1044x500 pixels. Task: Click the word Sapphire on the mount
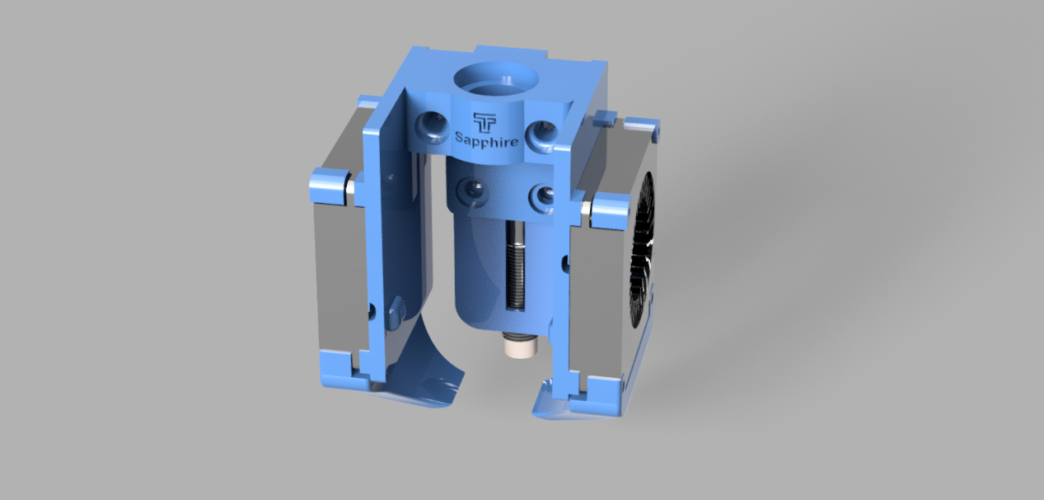pyautogui.click(x=487, y=139)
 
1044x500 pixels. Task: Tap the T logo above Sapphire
pyautogui.click(x=485, y=122)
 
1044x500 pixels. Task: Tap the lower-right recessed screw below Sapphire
pyautogui.click(x=542, y=196)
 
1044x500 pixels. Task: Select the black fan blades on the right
pyautogui.click(x=642, y=252)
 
